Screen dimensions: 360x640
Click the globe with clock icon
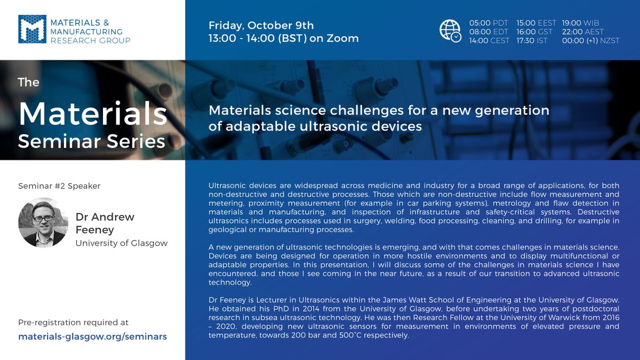450,31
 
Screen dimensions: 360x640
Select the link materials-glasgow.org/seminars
92,337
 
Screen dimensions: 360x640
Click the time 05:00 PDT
489,23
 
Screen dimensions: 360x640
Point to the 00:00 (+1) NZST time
590,41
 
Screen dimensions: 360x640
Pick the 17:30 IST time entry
535,41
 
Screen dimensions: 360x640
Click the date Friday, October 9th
261,25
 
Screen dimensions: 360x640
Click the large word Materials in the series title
92,113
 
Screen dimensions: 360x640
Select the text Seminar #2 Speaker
59,186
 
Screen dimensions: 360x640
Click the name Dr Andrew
105,217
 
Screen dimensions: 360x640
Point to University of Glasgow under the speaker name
122,243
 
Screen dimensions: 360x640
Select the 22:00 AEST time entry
583,32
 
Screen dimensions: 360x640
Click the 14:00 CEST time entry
489,41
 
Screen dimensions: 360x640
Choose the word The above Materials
29,82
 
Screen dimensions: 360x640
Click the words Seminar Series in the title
91,141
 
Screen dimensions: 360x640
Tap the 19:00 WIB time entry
580,23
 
